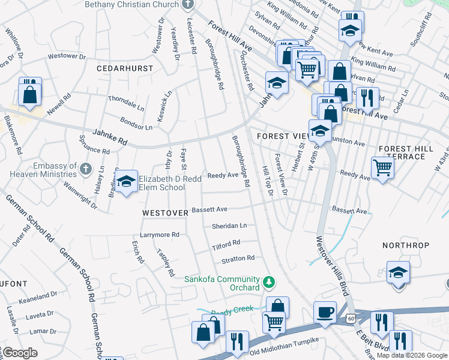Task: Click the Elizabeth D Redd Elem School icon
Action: [x=126, y=183]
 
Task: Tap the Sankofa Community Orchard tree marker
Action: [x=270, y=281]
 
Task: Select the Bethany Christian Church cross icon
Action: [x=188, y=4]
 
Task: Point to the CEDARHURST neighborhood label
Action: [x=125, y=68]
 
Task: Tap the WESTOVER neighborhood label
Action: [x=165, y=213]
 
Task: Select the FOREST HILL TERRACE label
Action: [x=406, y=152]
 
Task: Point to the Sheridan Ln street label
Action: [x=229, y=226]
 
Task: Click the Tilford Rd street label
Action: [x=226, y=245]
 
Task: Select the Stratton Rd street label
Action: [x=238, y=259]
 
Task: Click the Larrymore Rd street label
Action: [x=160, y=235]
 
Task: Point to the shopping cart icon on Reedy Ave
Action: [x=382, y=168]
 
